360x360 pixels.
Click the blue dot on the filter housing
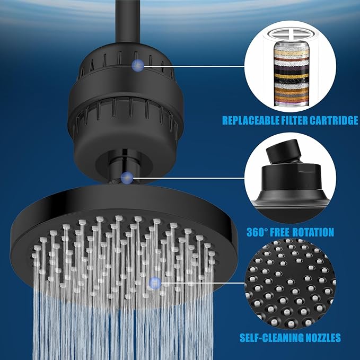(x=138, y=65)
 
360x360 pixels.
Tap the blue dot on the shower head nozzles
(x=154, y=283)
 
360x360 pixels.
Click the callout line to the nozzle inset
(x=201, y=283)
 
